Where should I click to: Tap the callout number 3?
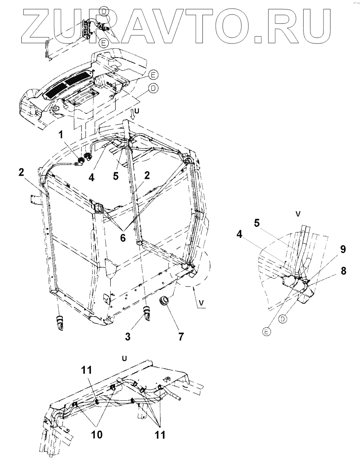(128, 336)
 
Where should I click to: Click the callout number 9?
(343, 250)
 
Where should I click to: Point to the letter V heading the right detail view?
(298, 214)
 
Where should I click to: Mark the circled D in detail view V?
(282, 319)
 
